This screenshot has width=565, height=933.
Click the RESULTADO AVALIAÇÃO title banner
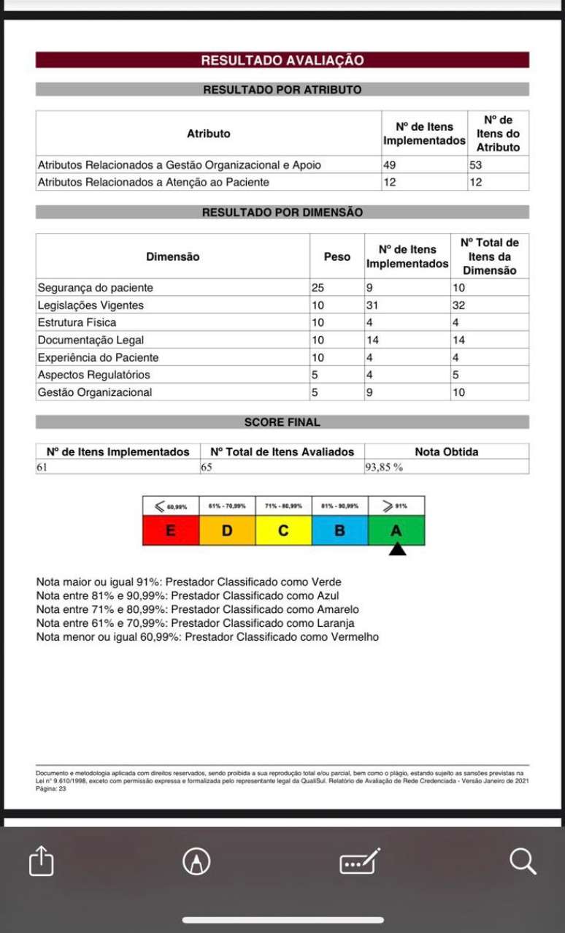(282, 60)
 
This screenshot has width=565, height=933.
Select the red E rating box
(171, 530)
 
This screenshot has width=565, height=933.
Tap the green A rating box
(396, 530)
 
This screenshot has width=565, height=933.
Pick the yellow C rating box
(283, 530)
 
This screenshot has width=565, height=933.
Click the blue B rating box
(339, 530)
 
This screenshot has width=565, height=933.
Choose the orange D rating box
(227, 530)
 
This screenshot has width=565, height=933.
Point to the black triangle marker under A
(396, 549)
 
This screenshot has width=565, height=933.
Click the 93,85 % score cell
(385, 467)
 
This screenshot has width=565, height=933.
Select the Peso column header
(337, 256)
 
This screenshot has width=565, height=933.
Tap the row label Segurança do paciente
(96, 288)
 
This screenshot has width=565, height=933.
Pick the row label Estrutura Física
(77, 322)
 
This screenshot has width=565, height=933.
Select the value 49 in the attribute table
(391, 165)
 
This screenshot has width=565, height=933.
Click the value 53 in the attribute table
(476, 165)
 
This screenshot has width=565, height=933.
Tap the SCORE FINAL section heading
(282, 422)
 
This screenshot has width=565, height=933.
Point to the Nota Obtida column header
(446, 452)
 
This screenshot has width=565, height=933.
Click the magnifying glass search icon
(523, 861)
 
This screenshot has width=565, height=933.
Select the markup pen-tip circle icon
(196, 861)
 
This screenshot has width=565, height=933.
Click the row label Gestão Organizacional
(95, 392)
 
